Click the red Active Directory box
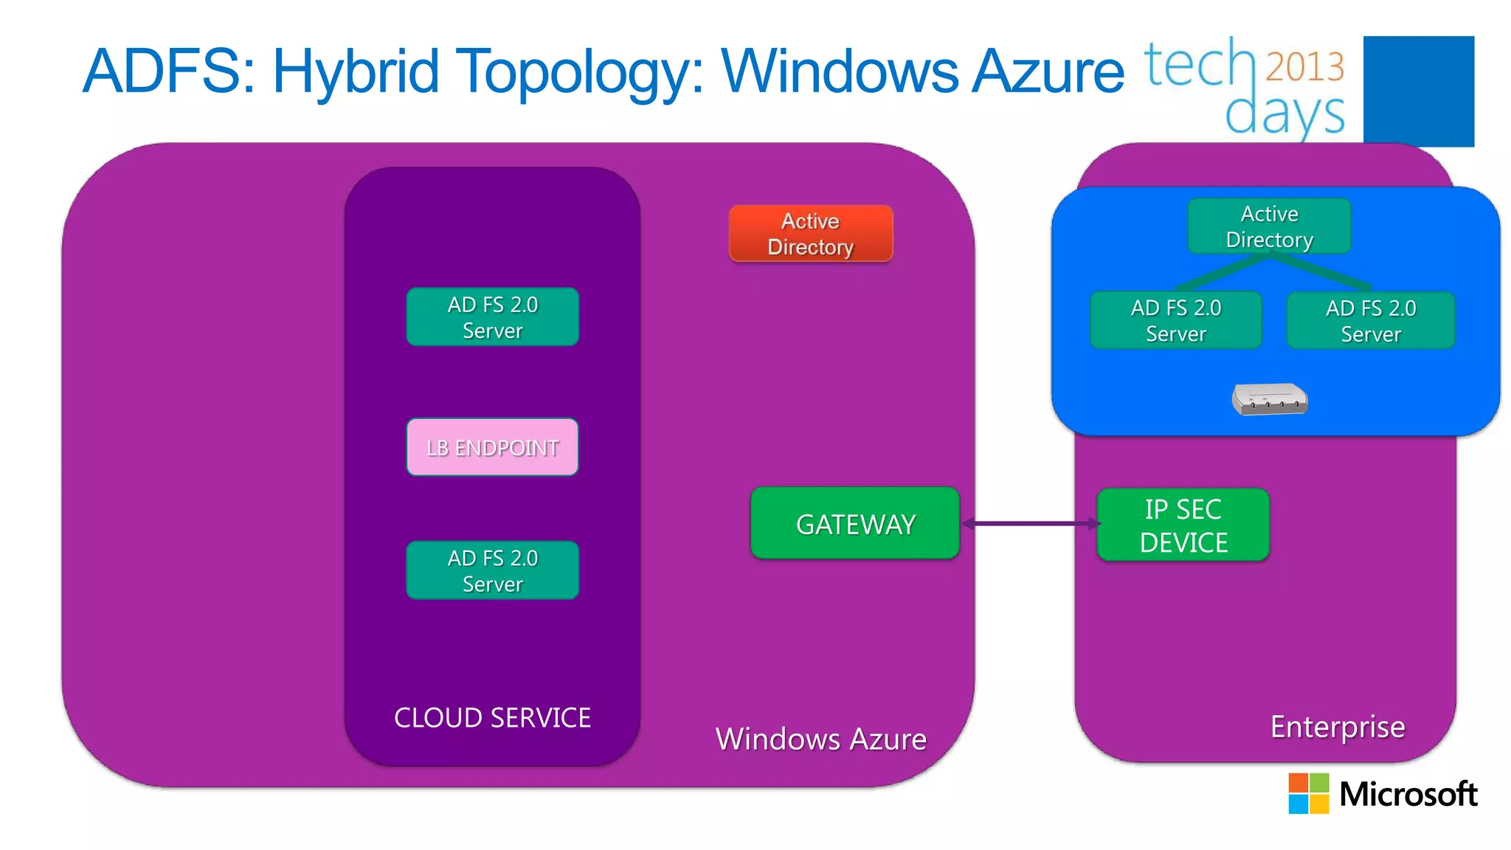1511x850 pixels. click(x=811, y=233)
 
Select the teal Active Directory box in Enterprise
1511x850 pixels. click(x=1269, y=226)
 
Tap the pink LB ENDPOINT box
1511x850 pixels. click(x=492, y=447)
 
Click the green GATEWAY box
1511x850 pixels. click(x=855, y=523)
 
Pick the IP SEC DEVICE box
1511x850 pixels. click(x=1183, y=525)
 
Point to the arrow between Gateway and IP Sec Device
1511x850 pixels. click(x=1030, y=523)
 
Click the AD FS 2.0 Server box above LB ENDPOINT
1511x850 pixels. click(x=492, y=317)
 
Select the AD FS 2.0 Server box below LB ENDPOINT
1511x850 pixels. click(x=492, y=570)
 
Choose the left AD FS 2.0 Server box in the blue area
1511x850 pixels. click(x=1175, y=320)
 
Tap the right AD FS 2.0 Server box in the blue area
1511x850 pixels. click(x=1370, y=320)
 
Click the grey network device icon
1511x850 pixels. click(x=1269, y=399)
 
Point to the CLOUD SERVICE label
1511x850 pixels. click(x=492, y=717)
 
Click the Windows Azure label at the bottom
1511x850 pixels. click(x=820, y=739)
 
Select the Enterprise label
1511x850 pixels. click(x=1337, y=727)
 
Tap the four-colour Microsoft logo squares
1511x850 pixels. click(x=1308, y=793)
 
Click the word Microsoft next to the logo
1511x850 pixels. click(x=1408, y=794)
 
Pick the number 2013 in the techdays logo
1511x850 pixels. click(x=1304, y=66)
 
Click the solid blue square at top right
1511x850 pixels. click(x=1418, y=90)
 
